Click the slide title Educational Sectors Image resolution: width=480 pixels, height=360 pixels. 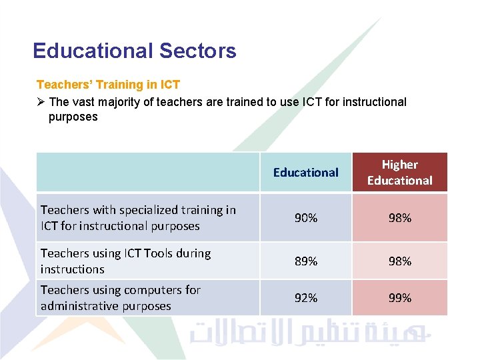(x=134, y=51)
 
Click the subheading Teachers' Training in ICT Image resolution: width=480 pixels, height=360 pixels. (x=108, y=85)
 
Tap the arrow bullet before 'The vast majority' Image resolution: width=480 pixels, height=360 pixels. (x=41, y=102)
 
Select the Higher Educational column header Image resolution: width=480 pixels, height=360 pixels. (x=399, y=173)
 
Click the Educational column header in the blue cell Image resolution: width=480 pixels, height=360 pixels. (x=305, y=173)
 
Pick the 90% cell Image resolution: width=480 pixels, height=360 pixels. (x=305, y=218)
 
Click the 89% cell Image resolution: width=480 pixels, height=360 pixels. (x=305, y=261)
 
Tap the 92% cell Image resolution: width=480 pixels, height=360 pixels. (x=305, y=298)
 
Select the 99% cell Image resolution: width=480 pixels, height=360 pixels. (x=399, y=298)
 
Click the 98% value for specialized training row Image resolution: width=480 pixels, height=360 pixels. (x=399, y=218)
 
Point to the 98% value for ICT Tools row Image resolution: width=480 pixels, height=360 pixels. (x=399, y=261)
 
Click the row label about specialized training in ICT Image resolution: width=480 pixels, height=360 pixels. (x=138, y=218)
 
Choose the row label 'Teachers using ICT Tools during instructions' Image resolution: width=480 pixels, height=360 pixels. (x=125, y=261)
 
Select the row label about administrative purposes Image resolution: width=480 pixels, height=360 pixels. (x=120, y=298)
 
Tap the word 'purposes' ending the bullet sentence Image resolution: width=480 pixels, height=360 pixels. (x=73, y=117)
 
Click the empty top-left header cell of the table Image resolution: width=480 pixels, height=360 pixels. (x=147, y=173)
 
